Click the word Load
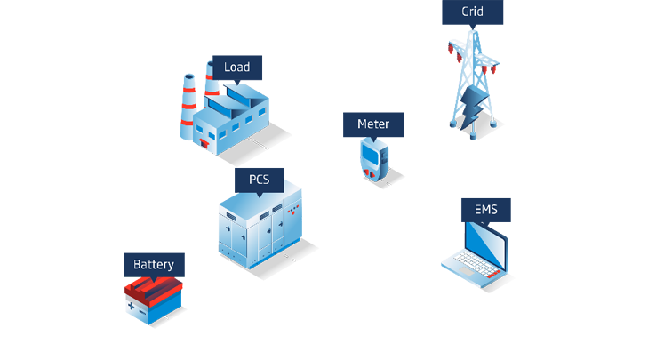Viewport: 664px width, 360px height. pyautogui.click(x=236, y=68)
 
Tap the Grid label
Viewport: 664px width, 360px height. pyautogui.click(x=473, y=12)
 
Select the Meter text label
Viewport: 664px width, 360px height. pyautogui.click(x=373, y=124)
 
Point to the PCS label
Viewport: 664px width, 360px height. pyautogui.click(x=260, y=180)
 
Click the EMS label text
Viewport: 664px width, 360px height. pyautogui.click(x=486, y=211)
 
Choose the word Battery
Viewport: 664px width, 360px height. pyautogui.click(x=154, y=265)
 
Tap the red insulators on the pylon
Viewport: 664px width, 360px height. pyautogui.click(x=485, y=68)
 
